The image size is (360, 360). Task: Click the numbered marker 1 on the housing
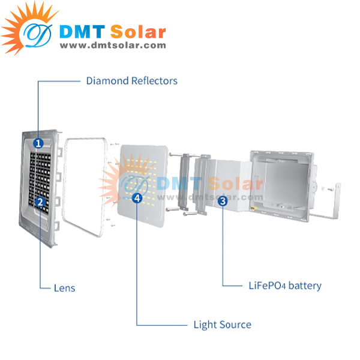38,143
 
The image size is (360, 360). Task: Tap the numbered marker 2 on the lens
40,202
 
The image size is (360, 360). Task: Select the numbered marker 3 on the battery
223,202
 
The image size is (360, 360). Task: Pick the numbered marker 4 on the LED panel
137,197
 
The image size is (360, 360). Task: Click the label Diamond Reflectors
131,80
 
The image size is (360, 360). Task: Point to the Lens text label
64,288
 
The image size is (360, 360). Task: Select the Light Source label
222,325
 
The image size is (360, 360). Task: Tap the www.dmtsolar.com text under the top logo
112,45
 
